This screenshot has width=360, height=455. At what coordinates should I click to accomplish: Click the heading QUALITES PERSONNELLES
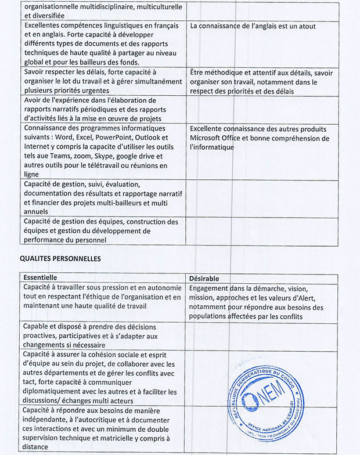click(61, 258)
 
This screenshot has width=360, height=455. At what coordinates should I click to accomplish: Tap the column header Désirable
click(204, 278)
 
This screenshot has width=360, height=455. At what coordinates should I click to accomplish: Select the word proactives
click(42, 336)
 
